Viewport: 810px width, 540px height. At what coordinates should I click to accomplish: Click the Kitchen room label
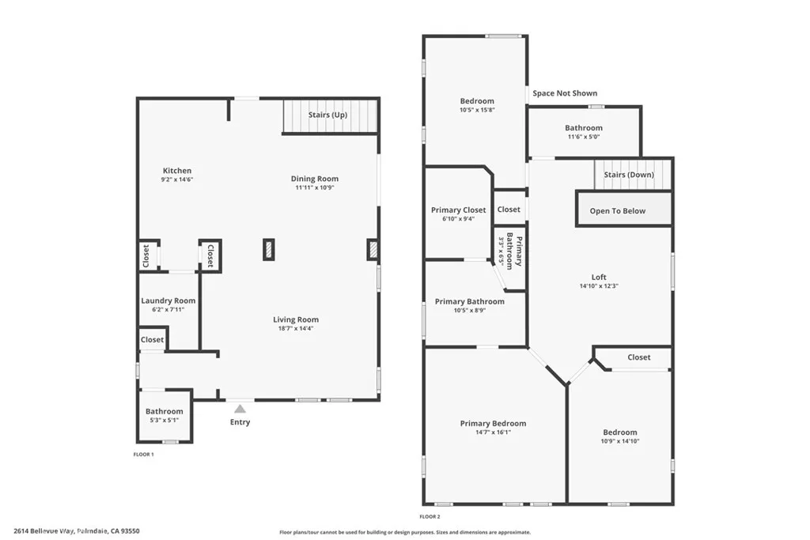(177, 171)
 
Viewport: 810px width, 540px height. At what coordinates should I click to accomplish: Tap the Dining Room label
(315, 179)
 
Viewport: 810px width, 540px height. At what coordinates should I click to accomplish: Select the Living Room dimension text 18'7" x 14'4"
(296, 328)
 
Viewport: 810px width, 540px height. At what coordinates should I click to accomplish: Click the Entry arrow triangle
(240, 409)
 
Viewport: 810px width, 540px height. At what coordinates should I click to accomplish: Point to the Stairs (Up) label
(327, 115)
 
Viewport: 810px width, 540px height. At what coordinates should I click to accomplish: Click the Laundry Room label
(168, 300)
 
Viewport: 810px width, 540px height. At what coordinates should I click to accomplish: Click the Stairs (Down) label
(628, 175)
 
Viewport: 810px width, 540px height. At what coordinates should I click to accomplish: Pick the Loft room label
(599, 277)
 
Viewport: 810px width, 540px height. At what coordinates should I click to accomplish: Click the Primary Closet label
(458, 210)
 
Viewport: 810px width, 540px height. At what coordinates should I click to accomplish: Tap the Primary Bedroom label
(493, 424)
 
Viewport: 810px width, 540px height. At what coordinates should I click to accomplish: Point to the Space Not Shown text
(565, 93)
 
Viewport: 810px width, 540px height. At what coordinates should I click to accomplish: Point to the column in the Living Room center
(269, 250)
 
